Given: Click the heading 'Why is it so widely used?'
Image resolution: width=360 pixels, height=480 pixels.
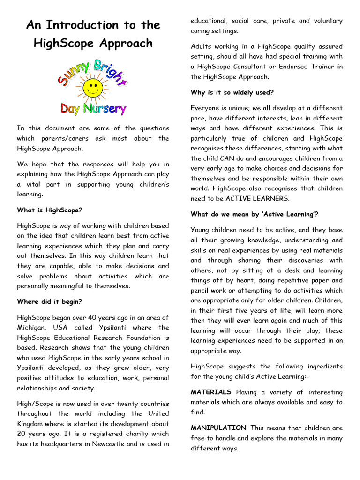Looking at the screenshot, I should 232,92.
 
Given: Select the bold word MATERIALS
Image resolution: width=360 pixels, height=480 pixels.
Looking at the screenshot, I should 211,392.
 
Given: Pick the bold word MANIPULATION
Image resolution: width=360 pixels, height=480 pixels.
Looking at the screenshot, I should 218,428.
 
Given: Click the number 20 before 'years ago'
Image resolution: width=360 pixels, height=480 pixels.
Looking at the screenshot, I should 23,434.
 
